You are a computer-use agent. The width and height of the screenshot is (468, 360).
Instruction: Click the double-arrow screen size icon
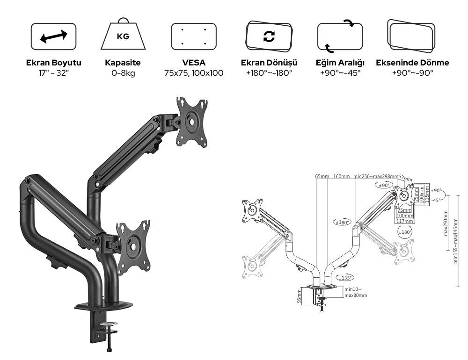(53, 37)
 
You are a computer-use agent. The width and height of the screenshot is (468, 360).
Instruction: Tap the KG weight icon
(124, 35)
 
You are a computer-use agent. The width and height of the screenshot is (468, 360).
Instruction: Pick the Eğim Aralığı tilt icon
(340, 36)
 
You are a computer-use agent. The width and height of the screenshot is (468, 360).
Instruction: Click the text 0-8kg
(124, 73)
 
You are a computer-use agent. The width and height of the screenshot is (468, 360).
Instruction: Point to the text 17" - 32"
(53, 73)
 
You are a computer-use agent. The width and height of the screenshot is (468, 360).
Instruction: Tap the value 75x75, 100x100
(194, 73)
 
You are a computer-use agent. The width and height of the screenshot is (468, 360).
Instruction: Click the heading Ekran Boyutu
(53, 63)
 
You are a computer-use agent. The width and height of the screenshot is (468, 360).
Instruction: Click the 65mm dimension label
(322, 177)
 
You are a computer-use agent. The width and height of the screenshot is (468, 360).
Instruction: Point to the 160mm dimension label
(342, 177)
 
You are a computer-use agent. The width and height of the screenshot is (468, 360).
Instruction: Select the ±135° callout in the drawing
(345, 277)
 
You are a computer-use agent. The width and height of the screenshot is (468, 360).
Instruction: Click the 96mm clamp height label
(299, 296)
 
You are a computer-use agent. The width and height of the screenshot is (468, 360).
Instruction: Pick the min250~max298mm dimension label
(376, 177)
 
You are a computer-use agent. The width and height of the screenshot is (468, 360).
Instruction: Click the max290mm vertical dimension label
(445, 223)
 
